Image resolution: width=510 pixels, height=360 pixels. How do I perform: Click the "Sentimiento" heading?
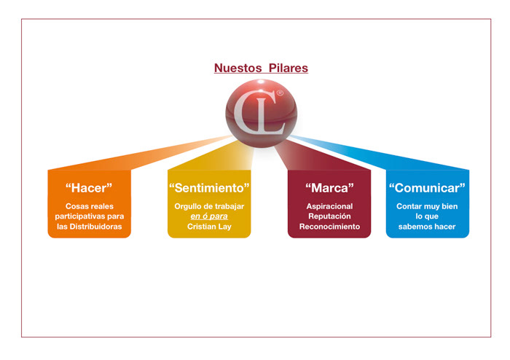point(209,188)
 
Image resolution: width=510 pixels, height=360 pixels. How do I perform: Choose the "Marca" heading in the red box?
point(329,188)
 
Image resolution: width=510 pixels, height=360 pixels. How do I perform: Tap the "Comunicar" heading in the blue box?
point(427,188)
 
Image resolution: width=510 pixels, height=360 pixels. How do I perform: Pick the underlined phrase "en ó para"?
point(209,216)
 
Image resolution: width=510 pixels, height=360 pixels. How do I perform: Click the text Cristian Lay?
point(209,227)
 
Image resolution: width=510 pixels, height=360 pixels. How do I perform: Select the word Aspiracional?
point(329,206)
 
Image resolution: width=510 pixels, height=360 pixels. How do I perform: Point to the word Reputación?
point(329,216)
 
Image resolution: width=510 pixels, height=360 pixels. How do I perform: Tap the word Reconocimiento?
point(329,227)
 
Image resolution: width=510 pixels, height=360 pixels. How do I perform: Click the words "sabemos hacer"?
point(427,227)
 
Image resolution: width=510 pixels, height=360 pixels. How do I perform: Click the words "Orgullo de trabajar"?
point(209,206)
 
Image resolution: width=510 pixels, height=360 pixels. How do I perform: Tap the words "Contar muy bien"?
point(427,206)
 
